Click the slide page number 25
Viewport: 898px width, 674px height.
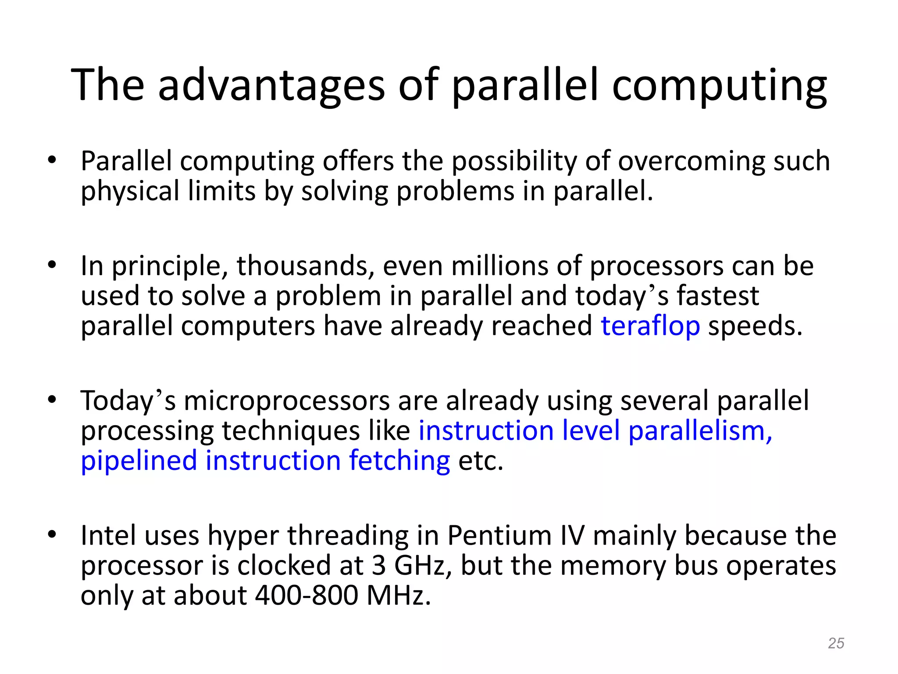point(836,643)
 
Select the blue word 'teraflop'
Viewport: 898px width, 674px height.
point(650,326)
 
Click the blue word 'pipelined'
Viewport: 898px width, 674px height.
point(139,461)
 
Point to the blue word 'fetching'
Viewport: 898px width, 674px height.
point(399,461)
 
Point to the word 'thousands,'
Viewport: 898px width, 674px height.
point(305,266)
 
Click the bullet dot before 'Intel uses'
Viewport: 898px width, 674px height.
point(52,534)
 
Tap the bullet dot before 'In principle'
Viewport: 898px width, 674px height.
point(52,265)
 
